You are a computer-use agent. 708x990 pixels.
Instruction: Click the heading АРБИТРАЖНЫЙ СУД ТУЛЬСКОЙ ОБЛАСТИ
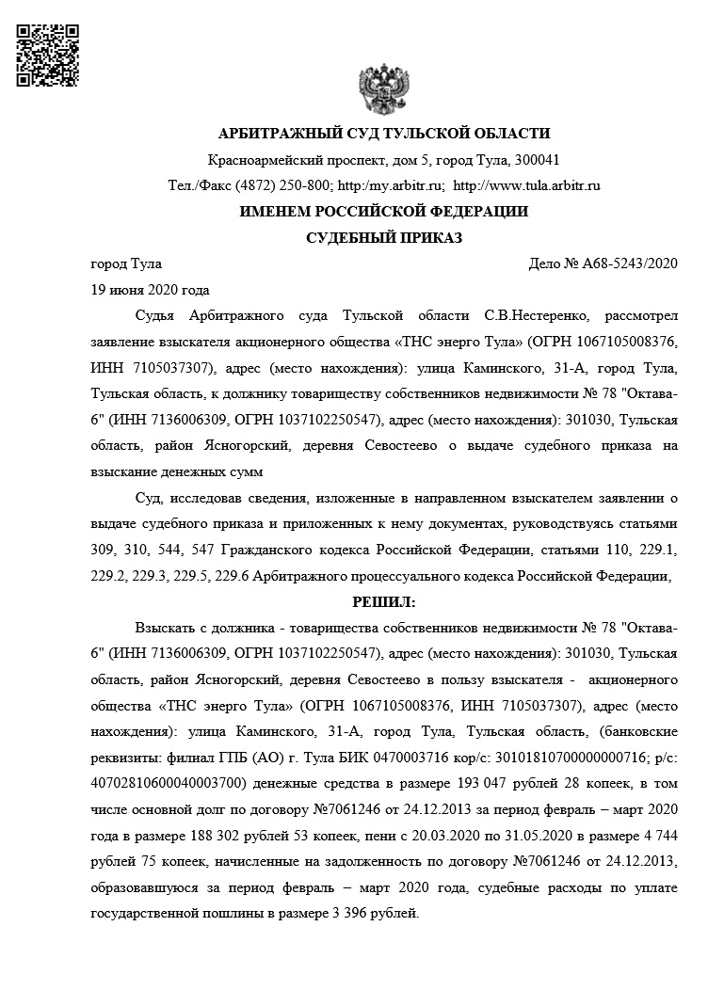[x=383, y=134]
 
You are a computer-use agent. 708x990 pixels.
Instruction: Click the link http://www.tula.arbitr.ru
[x=526, y=185]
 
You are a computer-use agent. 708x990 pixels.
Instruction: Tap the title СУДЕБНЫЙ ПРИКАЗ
[x=384, y=237]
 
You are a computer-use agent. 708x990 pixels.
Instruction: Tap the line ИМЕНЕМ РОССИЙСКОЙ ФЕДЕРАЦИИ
[x=383, y=212]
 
